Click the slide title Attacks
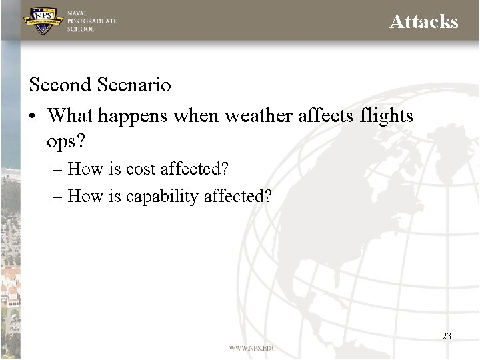click(x=423, y=22)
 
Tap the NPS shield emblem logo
click(x=43, y=21)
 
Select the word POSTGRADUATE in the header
click(x=91, y=21)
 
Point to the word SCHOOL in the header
click(x=81, y=29)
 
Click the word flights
click(x=386, y=116)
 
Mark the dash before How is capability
click(x=58, y=197)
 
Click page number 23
click(x=447, y=336)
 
